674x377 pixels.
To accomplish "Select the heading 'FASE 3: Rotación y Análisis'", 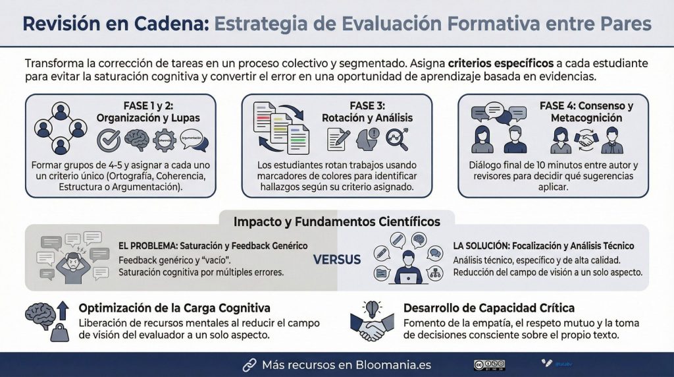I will tap(367, 111).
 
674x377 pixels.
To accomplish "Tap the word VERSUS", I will tap(336, 259).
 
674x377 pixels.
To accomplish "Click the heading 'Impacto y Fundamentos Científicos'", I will tap(336, 221).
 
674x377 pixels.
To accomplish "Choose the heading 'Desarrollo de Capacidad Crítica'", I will tap(488, 308).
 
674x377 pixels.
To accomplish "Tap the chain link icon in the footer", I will tap(249, 364).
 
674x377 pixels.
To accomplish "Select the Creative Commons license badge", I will tap(488, 364).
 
